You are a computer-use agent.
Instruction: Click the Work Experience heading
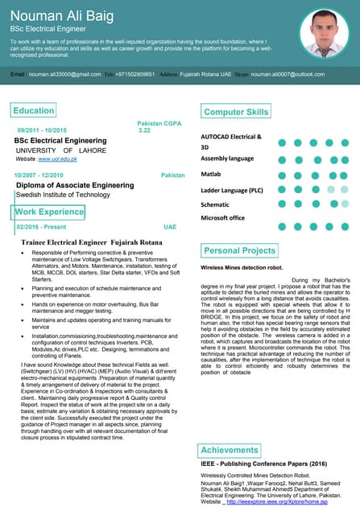click(x=49, y=212)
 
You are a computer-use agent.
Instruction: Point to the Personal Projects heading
click(x=240, y=251)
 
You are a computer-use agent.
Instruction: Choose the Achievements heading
click(x=230, y=450)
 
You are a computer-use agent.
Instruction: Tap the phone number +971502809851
click(x=133, y=74)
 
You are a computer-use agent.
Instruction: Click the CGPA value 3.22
click(x=145, y=130)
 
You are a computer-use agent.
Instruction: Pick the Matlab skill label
click(x=211, y=174)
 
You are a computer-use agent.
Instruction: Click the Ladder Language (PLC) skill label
click(x=232, y=190)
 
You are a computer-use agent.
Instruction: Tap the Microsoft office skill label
click(x=222, y=218)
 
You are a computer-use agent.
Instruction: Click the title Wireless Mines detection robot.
click(x=242, y=266)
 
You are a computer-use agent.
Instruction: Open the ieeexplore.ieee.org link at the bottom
click(x=277, y=501)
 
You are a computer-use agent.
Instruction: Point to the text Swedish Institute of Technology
click(x=63, y=195)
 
